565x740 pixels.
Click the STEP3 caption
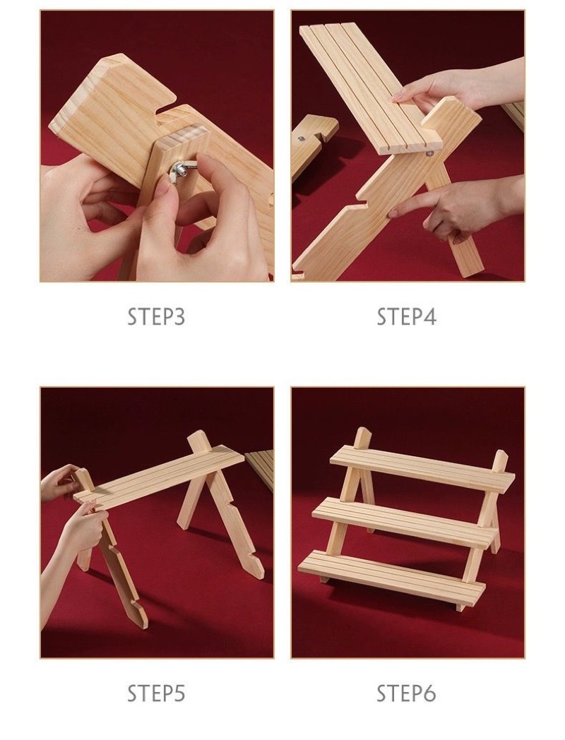point(156,316)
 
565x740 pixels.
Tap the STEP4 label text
point(406,316)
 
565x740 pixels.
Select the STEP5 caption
point(156,693)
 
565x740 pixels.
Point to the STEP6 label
point(406,693)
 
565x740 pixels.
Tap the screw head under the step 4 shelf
point(429,153)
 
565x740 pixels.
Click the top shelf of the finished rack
point(422,470)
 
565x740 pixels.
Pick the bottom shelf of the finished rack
point(391,577)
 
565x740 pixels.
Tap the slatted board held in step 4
point(371,89)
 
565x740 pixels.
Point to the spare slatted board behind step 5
point(261,470)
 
